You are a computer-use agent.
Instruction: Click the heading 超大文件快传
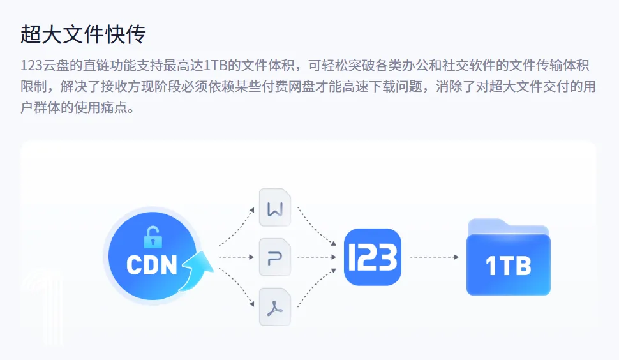coord(84,35)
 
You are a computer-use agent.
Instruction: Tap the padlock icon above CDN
coord(153,237)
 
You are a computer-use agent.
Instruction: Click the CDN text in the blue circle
coord(151,265)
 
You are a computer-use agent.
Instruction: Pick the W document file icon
coord(275,207)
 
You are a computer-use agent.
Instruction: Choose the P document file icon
coord(275,257)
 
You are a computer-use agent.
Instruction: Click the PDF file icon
coord(275,307)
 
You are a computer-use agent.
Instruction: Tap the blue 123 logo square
coord(372,257)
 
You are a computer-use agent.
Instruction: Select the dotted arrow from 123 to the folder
coord(434,257)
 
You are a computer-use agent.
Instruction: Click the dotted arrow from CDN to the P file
coord(236,257)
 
